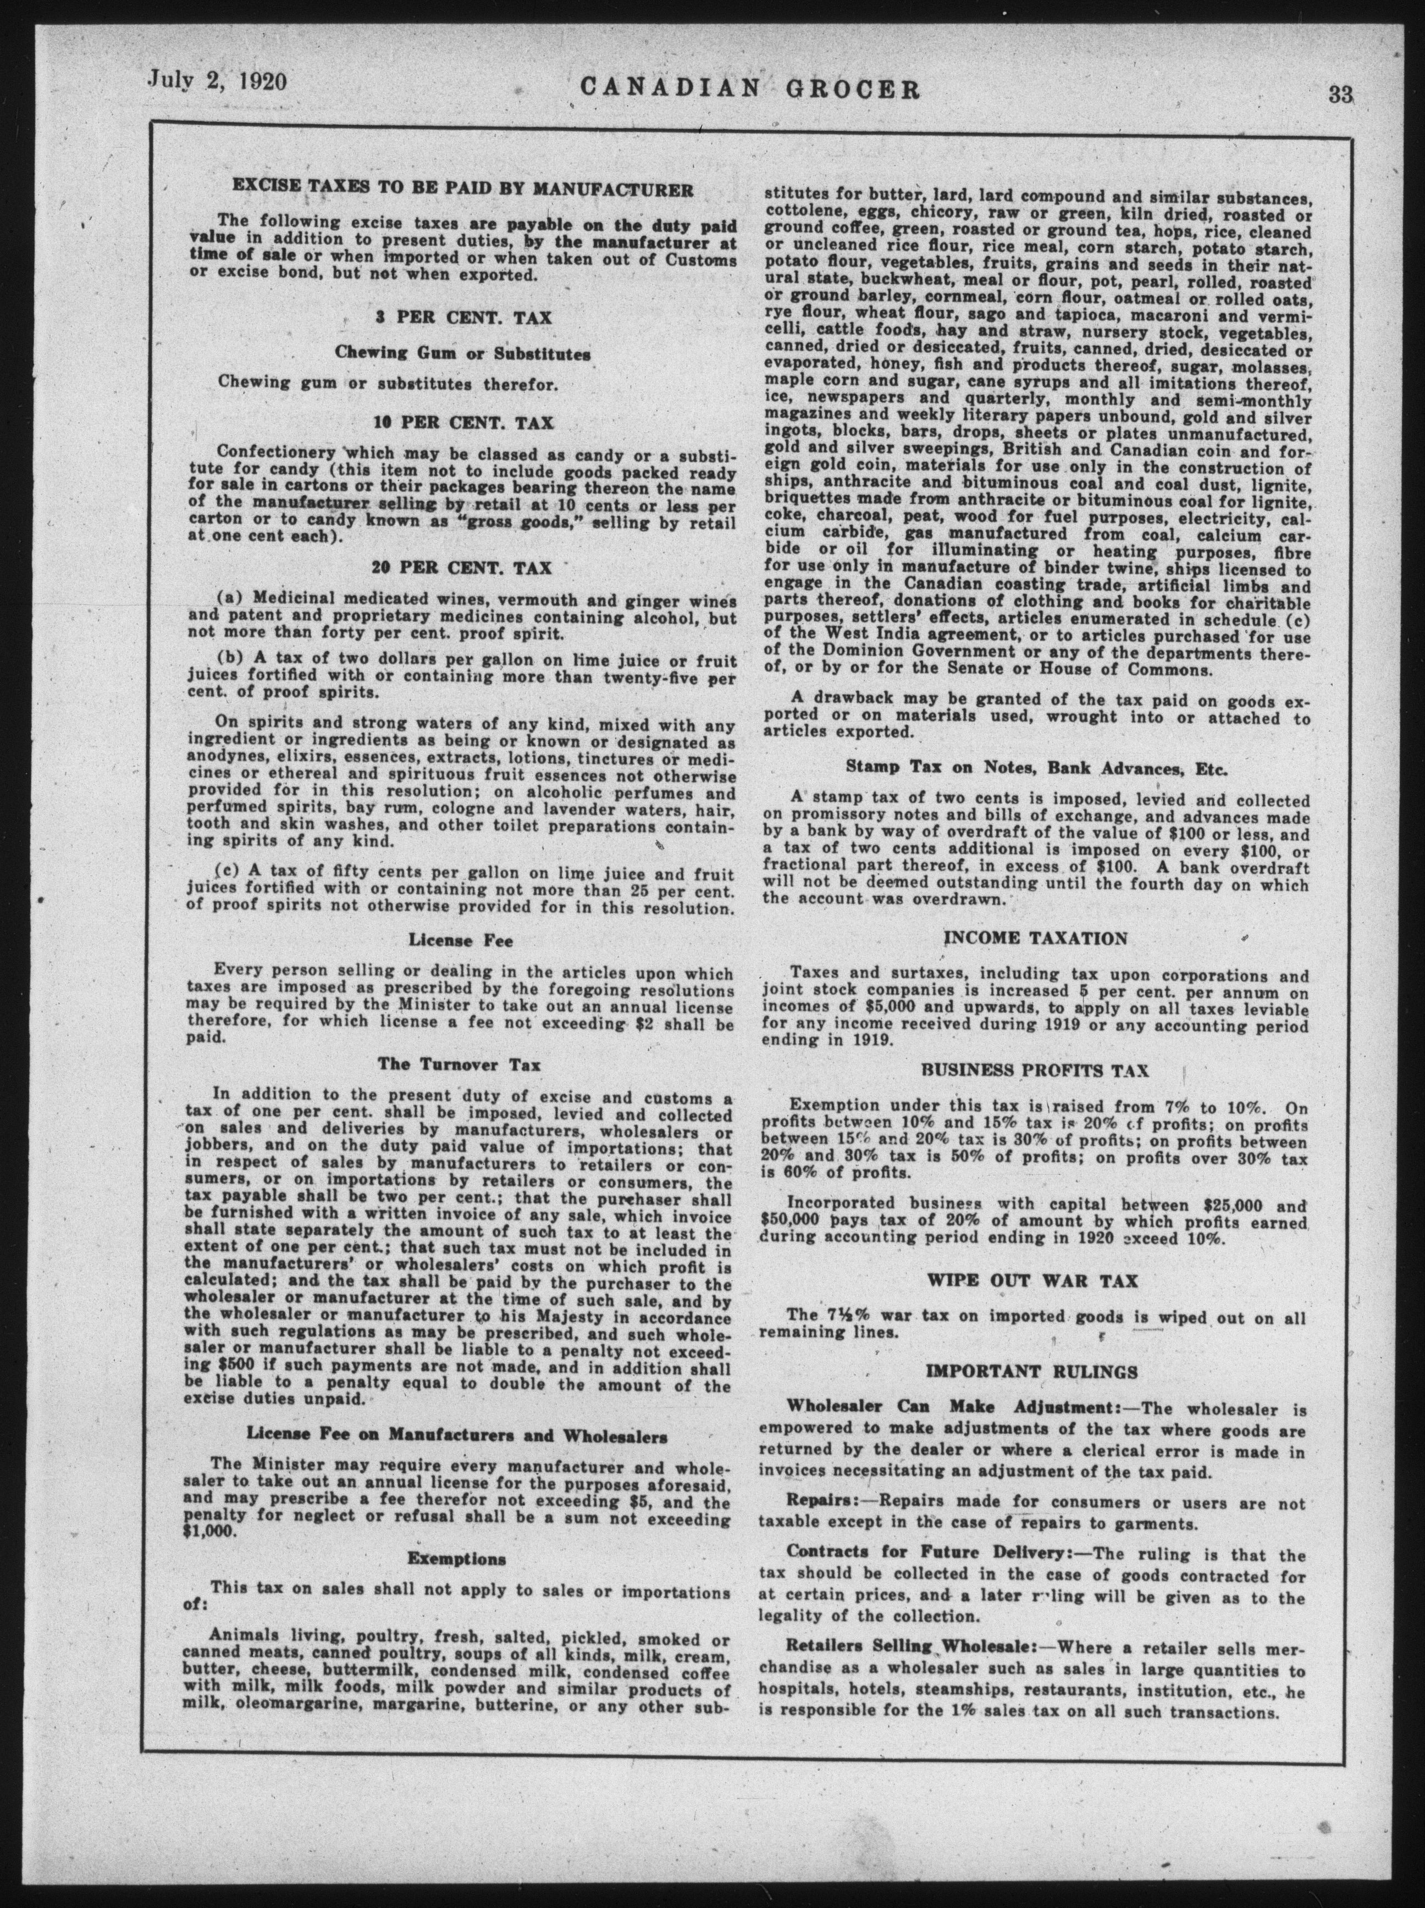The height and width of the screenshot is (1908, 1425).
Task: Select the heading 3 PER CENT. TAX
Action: point(463,317)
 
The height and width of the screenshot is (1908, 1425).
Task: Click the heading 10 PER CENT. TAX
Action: point(463,423)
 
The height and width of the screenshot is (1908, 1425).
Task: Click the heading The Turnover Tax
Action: point(460,1064)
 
